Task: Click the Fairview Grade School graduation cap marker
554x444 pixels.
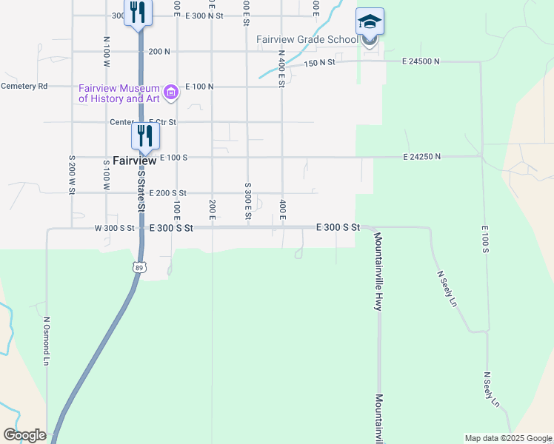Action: pyautogui.click(x=370, y=21)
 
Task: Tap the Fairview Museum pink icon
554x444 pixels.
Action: pyautogui.click(x=172, y=92)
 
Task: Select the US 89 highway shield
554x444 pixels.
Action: pyautogui.click(x=139, y=266)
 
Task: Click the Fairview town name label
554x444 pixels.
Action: pyautogui.click(x=134, y=160)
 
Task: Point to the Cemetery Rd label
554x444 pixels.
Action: pyautogui.click(x=24, y=86)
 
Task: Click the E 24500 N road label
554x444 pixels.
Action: pyautogui.click(x=421, y=61)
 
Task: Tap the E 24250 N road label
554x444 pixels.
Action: pyautogui.click(x=421, y=157)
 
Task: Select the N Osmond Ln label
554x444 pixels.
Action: pyautogui.click(x=46, y=341)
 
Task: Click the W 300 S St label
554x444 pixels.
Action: pyautogui.click(x=115, y=229)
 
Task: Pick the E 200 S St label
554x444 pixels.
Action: pyautogui.click(x=167, y=193)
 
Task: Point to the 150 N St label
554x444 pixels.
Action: pyautogui.click(x=318, y=63)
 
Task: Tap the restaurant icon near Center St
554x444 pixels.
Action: pyautogui.click(x=144, y=135)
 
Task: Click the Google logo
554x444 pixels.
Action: pyautogui.click(x=24, y=435)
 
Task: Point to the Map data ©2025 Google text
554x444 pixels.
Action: pyautogui.click(x=508, y=438)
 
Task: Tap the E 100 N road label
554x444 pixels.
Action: pyautogui.click(x=199, y=87)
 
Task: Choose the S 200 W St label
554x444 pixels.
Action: pyautogui.click(x=71, y=175)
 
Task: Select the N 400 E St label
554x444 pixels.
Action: pyautogui.click(x=282, y=68)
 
